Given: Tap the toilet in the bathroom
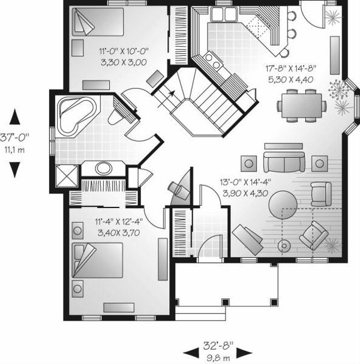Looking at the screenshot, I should click(116, 116).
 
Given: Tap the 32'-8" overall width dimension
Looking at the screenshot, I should click(217, 347).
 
